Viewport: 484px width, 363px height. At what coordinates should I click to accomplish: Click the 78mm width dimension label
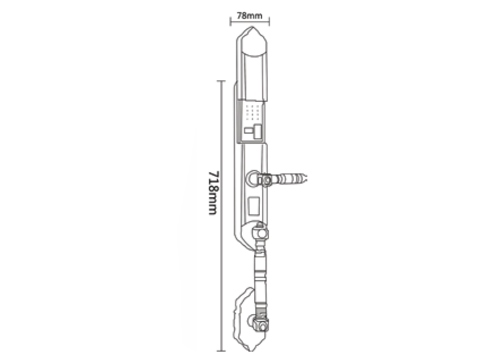point(250,15)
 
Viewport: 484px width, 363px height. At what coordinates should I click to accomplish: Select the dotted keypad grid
point(252,112)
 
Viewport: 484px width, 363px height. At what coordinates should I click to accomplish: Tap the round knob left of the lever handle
point(253,179)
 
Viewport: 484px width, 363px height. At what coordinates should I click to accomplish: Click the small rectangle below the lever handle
point(254,205)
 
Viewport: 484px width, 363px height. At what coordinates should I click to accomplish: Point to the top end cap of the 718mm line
point(221,81)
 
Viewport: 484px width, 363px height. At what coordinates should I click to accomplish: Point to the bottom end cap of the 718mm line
point(221,351)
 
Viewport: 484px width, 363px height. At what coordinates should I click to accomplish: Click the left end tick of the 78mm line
point(230,21)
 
